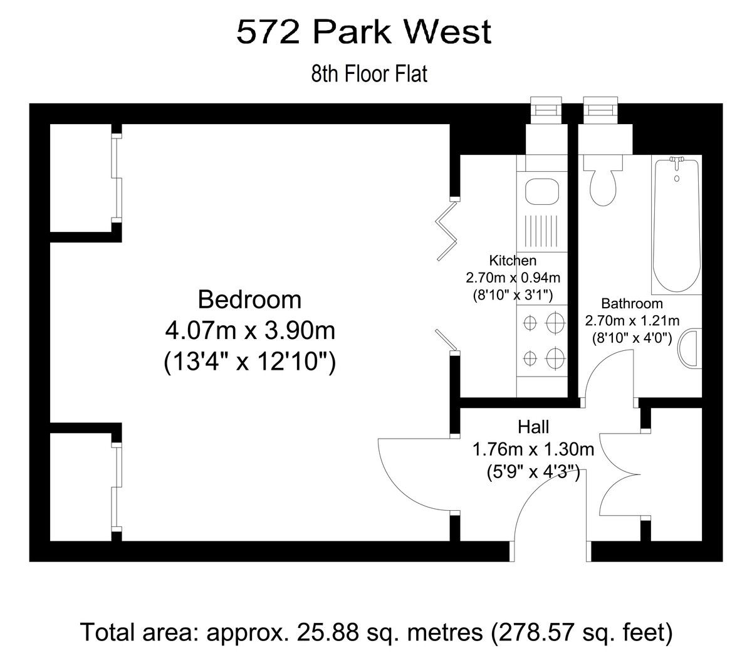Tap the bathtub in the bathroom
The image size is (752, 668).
tap(676, 225)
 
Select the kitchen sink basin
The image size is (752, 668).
tap(541, 192)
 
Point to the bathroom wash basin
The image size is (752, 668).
tap(689, 348)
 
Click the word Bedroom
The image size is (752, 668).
tap(249, 300)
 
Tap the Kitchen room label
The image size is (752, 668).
tap(513, 261)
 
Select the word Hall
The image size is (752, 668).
tap(533, 427)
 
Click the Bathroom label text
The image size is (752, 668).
tap(632, 303)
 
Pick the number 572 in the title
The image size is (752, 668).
tap(268, 32)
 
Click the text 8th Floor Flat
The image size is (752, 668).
tap(369, 73)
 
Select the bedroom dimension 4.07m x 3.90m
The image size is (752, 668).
tap(250, 330)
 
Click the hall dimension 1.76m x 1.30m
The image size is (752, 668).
tap(533, 449)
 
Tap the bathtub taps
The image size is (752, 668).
tap(676, 160)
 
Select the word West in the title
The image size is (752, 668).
tap(447, 32)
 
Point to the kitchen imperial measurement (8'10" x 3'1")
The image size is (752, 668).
tap(513, 295)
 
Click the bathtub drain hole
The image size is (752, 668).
tap(677, 179)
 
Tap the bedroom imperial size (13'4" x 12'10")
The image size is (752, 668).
tap(250, 361)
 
